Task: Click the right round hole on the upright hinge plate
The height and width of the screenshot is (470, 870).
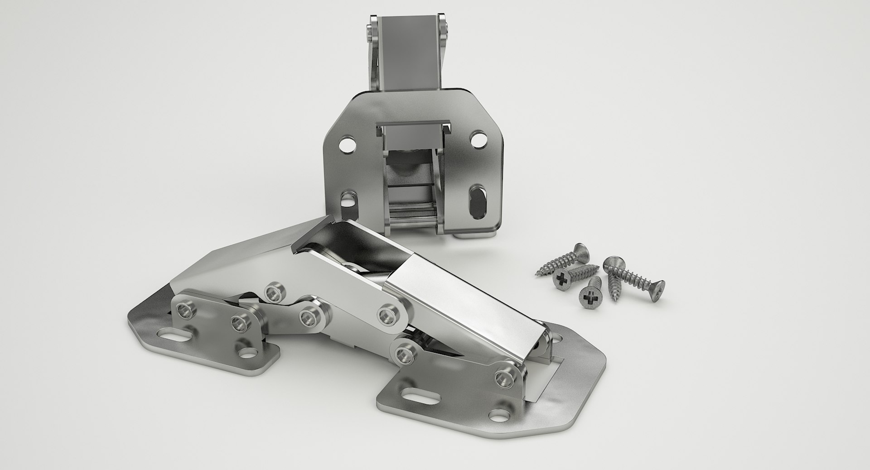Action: [x=477, y=139]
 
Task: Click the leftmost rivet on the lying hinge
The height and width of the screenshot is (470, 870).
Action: [x=185, y=311]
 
